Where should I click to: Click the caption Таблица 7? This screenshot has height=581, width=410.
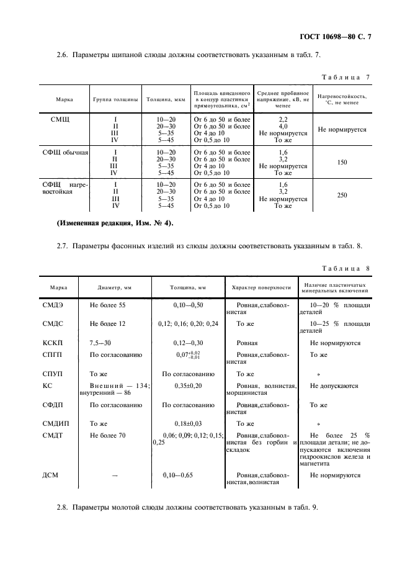click(x=346, y=78)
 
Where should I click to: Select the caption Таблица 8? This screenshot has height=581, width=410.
click(x=346, y=268)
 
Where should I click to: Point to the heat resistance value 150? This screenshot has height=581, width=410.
click(x=342, y=162)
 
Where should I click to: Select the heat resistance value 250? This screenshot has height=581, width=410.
click(x=342, y=195)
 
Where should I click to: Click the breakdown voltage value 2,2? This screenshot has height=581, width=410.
click(x=283, y=118)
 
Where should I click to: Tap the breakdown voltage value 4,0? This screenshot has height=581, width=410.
click(x=283, y=125)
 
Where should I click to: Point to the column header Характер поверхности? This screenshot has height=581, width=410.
click(x=261, y=288)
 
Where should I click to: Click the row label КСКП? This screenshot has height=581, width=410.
click(x=52, y=343)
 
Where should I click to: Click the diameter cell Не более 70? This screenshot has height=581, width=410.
click(x=108, y=436)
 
